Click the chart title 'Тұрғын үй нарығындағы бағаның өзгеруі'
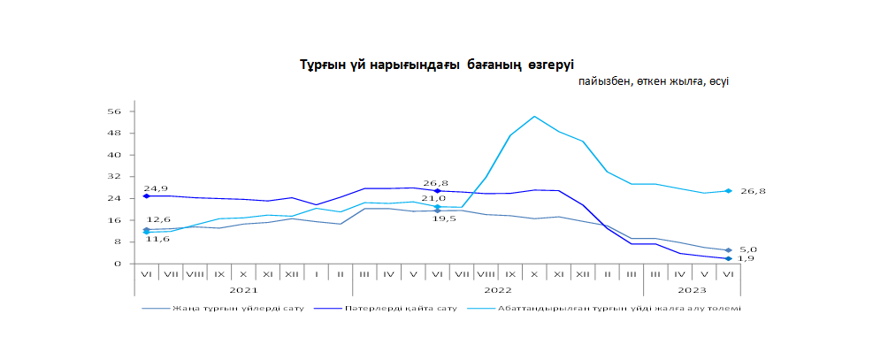(x=436, y=65)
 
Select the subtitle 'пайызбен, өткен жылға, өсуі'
(x=654, y=81)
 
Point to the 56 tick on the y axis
(x=113, y=111)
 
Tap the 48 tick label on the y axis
(x=113, y=134)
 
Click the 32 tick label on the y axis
(x=113, y=177)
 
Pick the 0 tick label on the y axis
(x=117, y=264)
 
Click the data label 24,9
(x=156, y=188)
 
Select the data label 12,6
(x=158, y=219)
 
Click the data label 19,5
(x=444, y=218)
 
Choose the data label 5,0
(x=747, y=249)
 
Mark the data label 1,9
(x=747, y=259)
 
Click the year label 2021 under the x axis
(x=242, y=289)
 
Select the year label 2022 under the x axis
(x=497, y=289)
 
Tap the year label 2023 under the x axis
(x=692, y=289)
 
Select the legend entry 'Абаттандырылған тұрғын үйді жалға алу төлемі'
(x=619, y=309)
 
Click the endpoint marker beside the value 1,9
(x=728, y=259)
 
